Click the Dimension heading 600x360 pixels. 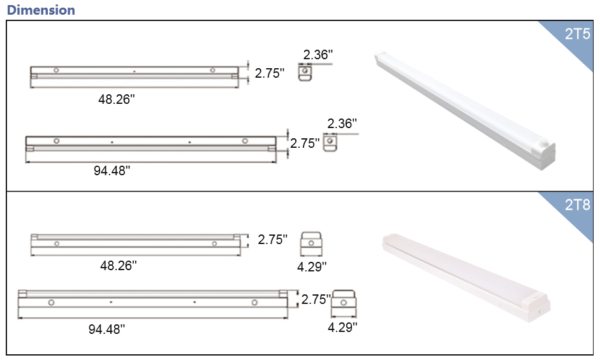pyautogui.click(x=41, y=10)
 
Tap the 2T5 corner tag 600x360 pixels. pyautogui.click(x=578, y=34)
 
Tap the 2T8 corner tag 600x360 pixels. pyautogui.click(x=578, y=205)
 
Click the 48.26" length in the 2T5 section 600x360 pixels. pyautogui.click(x=117, y=99)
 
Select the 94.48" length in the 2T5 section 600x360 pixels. pyautogui.click(x=112, y=170)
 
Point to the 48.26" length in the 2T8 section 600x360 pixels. pyautogui.click(x=119, y=265)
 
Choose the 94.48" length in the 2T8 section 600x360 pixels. pyautogui.click(x=106, y=329)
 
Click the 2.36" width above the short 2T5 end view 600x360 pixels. pyautogui.click(x=318, y=55)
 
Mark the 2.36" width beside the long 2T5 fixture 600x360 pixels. pyautogui.click(x=342, y=123)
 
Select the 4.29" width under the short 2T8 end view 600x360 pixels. pyautogui.click(x=312, y=266)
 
